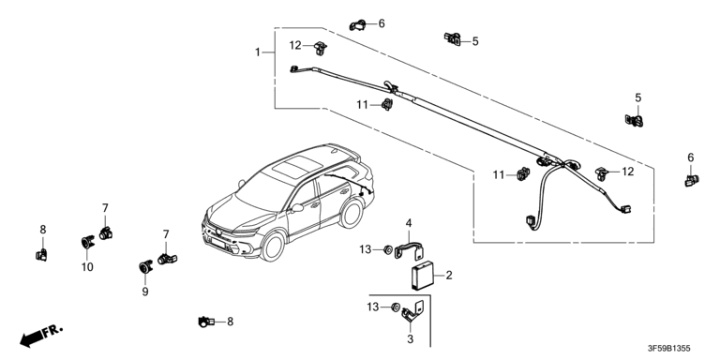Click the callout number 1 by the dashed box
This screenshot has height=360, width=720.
(258, 52)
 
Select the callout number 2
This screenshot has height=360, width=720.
(449, 275)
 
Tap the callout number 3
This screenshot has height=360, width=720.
(410, 339)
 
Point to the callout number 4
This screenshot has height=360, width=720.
(408, 224)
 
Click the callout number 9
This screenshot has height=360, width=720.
(145, 292)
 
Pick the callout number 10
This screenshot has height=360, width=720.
(87, 266)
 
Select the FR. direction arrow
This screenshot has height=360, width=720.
(40, 336)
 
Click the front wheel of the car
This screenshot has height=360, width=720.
(273, 247)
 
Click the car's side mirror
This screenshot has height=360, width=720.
(296, 207)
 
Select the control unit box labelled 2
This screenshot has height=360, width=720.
(422, 275)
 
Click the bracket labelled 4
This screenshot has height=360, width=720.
(410, 250)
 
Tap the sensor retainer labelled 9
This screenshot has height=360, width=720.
(145, 267)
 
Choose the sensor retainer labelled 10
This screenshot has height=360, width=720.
(87, 242)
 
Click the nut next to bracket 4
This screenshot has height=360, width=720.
(387, 249)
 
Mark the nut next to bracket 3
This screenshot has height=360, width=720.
(395, 307)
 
